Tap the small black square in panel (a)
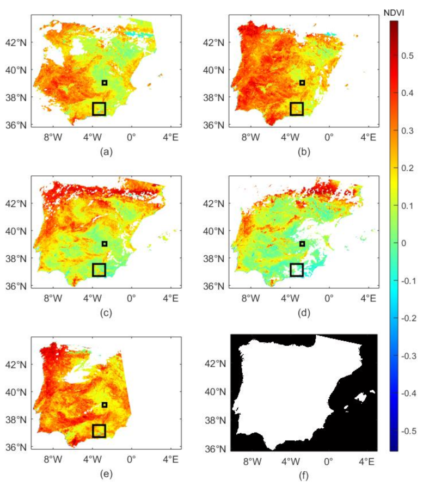pyautogui.click(x=105, y=83)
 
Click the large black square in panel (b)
pyautogui.click(x=297, y=109)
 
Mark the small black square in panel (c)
pyautogui.click(x=105, y=244)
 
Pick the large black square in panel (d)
pyautogui.click(x=297, y=270)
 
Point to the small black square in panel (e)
pyautogui.click(x=105, y=405)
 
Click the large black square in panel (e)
pyautogui.click(x=99, y=431)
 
